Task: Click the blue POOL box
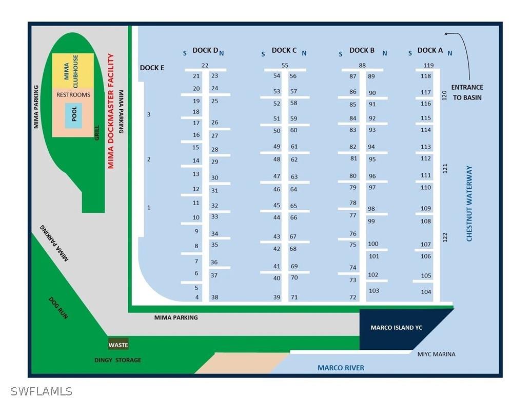[73, 115]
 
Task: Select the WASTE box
[118, 345]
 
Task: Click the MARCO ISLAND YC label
[396, 327]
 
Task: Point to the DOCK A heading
[430, 50]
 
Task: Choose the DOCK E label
[152, 68]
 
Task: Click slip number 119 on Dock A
[428, 65]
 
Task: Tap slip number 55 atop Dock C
[285, 65]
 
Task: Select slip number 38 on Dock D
[214, 297]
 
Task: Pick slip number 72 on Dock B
[353, 297]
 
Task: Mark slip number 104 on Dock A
[426, 292]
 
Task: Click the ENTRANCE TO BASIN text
[467, 92]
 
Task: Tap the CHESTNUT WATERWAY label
[469, 203]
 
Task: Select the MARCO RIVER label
[341, 368]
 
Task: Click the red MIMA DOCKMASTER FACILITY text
[110, 111]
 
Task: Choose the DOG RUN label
[58, 308]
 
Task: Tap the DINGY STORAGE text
[117, 360]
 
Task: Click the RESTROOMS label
[73, 95]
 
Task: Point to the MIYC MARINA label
[436, 354]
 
